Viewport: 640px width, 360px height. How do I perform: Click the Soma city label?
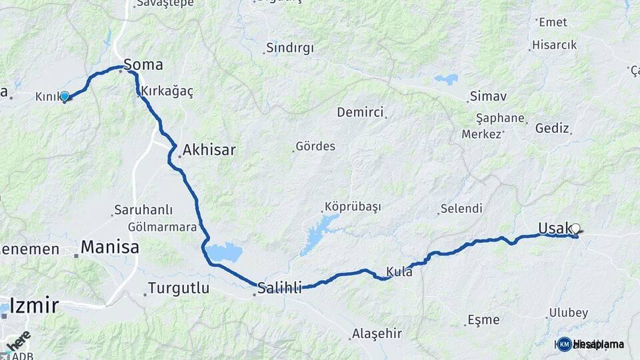143,65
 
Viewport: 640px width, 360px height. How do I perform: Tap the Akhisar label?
209,150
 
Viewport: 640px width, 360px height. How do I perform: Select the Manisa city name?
111,248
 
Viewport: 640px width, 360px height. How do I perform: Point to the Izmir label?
30,306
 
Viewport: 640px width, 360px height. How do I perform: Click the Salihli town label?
280,287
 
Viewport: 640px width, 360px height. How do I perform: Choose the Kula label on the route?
399,272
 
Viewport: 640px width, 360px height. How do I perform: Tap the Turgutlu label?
179,289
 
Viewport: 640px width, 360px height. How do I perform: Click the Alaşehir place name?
377,333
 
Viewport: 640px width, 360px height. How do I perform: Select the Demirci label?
360,112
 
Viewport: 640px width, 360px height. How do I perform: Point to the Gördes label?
315,146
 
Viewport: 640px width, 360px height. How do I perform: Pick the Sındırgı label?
289,48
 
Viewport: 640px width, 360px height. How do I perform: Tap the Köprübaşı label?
353,207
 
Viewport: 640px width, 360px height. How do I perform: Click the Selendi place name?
461,209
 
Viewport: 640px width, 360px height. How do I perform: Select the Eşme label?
483,320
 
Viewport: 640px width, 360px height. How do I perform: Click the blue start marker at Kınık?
65,97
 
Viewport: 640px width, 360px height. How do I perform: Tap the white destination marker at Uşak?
575,229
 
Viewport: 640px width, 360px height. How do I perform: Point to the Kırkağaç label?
167,92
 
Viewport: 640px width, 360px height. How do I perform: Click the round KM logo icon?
564,344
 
